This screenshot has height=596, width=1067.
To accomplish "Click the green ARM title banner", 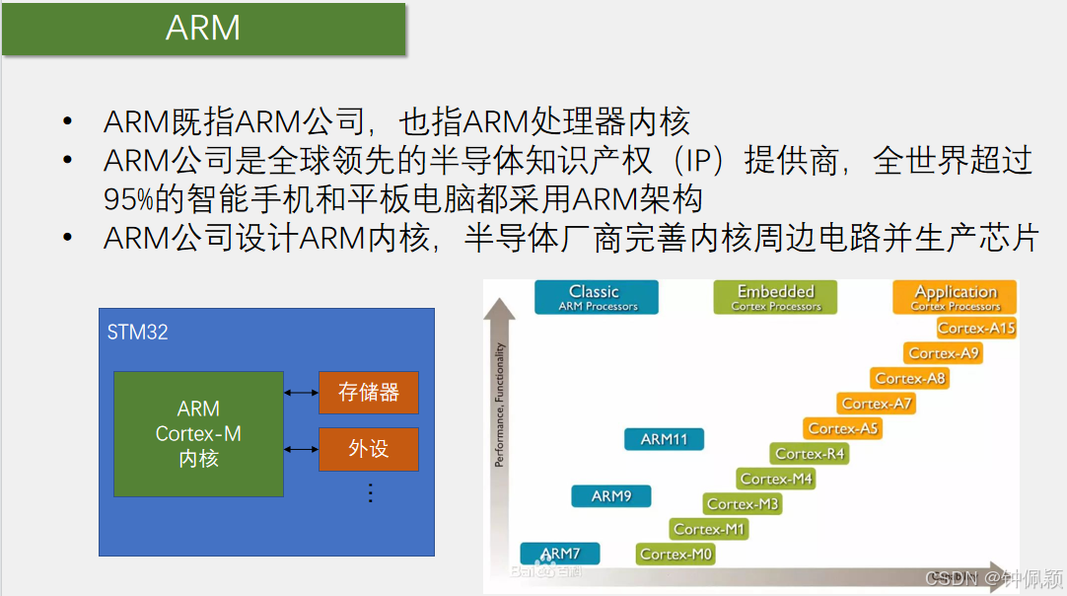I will tap(203, 29).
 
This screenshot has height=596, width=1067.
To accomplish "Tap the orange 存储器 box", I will tap(369, 393).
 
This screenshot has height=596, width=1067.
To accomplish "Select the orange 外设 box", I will tap(369, 449).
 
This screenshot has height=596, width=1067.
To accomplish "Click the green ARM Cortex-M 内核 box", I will tap(198, 434).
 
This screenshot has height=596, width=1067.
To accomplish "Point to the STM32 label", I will tap(138, 333).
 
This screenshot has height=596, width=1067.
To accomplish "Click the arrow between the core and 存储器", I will tap(301, 393).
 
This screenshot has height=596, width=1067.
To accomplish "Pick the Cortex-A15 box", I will tap(976, 328).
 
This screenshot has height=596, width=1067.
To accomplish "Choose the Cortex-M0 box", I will tap(676, 555).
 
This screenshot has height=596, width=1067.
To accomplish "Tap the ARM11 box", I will tap(664, 439).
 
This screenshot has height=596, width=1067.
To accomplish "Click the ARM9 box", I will tap(611, 496).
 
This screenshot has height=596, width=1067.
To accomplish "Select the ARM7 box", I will tap(560, 554).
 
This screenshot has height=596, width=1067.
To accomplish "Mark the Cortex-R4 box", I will tap(810, 454).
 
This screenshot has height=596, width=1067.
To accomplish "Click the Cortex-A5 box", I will tap(843, 428).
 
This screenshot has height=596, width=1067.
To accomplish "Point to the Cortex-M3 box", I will tap(743, 504).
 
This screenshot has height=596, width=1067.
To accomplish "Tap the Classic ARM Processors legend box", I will tap(596, 297).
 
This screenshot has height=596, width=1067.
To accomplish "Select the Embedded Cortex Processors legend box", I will tap(775, 297).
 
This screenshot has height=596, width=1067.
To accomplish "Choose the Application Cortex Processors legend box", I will tap(955, 297).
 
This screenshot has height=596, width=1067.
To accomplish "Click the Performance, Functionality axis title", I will tap(500, 405).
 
